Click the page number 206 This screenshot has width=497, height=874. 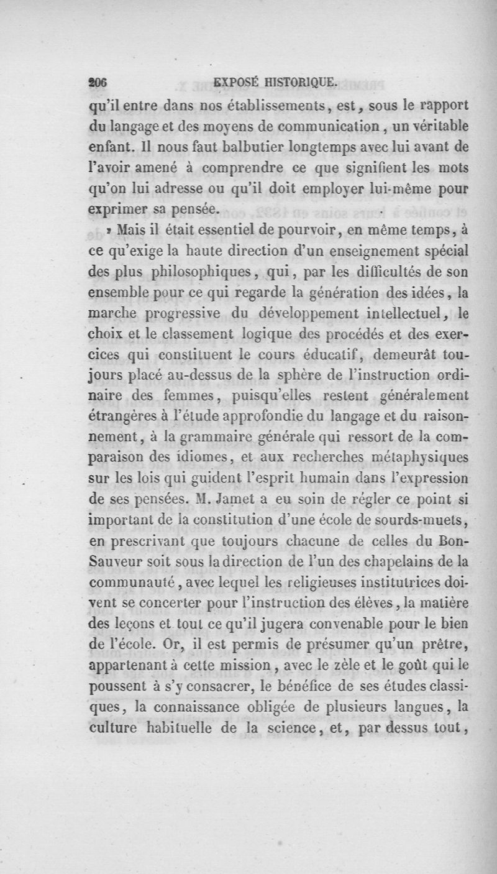(99, 81)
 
